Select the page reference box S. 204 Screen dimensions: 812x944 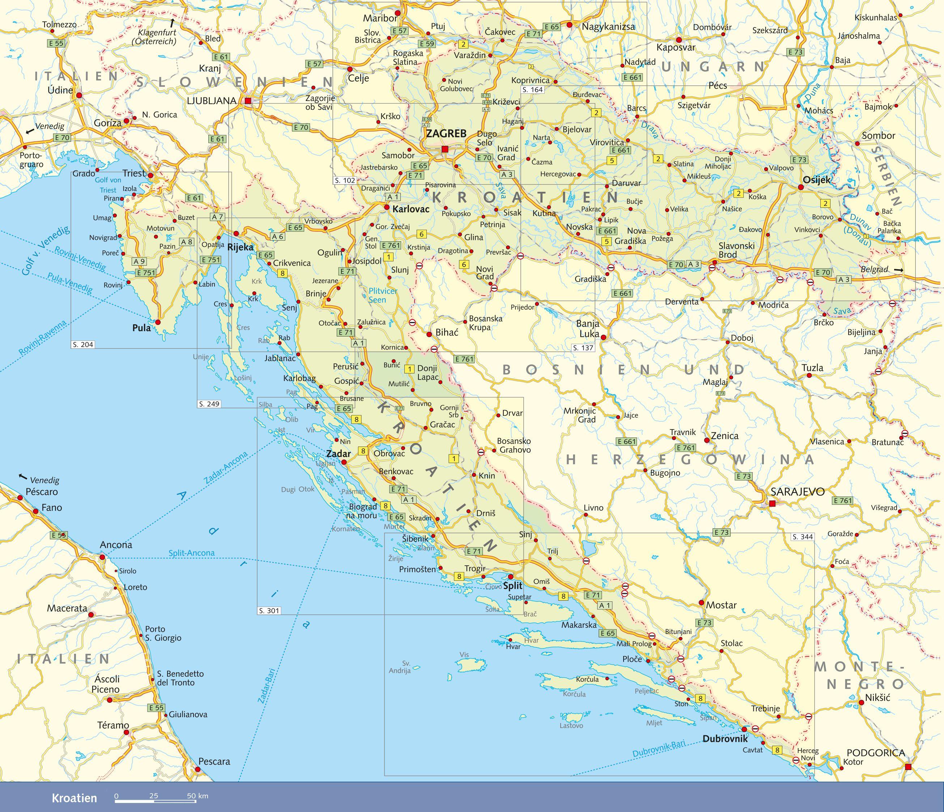click(83, 345)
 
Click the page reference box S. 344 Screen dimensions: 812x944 click(802, 537)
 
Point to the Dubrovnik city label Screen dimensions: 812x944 click(725, 739)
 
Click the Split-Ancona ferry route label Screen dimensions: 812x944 click(191, 553)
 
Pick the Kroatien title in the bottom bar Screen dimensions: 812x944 click(74, 798)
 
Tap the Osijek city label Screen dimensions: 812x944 click(816, 179)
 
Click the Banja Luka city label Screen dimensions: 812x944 click(588, 329)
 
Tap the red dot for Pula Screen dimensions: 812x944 click(158, 322)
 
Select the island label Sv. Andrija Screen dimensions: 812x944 click(400, 667)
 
